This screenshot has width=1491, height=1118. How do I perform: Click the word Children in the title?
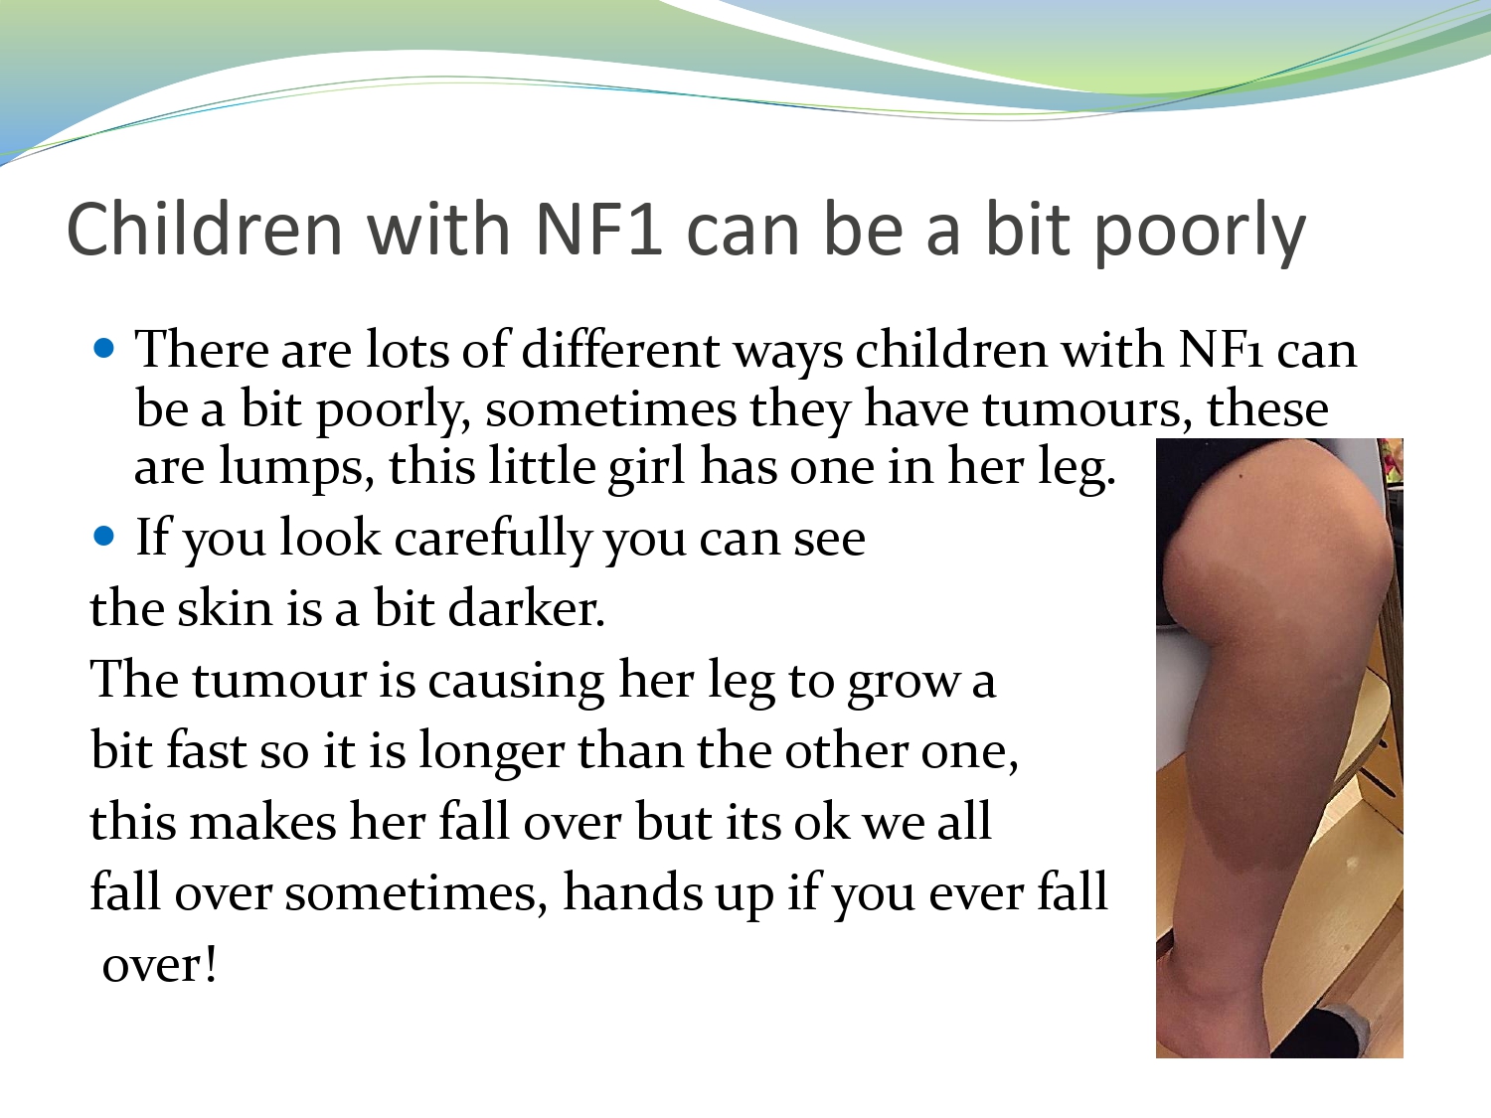pyautogui.click(x=204, y=229)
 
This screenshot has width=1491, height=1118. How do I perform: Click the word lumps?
pyautogui.click(x=296, y=467)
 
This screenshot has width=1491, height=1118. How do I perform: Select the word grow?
pyautogui.click(x=904, y=682)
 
